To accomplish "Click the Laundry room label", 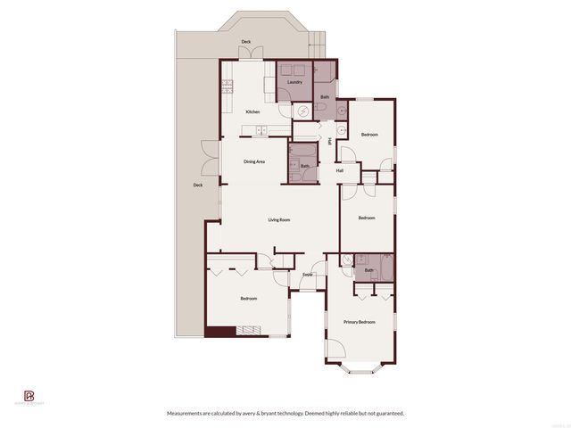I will coord(294,82).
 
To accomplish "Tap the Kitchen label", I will coord(252,111).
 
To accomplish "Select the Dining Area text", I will coord(254,161).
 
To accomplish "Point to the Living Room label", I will coord(279,219).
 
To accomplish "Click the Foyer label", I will coord(308,275).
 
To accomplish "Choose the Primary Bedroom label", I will coord(360,322).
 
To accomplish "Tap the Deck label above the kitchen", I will coord(245,42).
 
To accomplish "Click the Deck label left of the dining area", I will coord(197,185).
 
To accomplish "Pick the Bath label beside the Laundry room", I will coord(325,96).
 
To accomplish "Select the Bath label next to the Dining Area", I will coord(304,166).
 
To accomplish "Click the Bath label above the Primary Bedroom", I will coord(368,269).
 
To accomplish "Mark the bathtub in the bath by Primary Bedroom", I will coord(386,267).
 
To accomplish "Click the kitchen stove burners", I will coord(227,87).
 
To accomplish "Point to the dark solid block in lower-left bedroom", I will coord(219,332).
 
